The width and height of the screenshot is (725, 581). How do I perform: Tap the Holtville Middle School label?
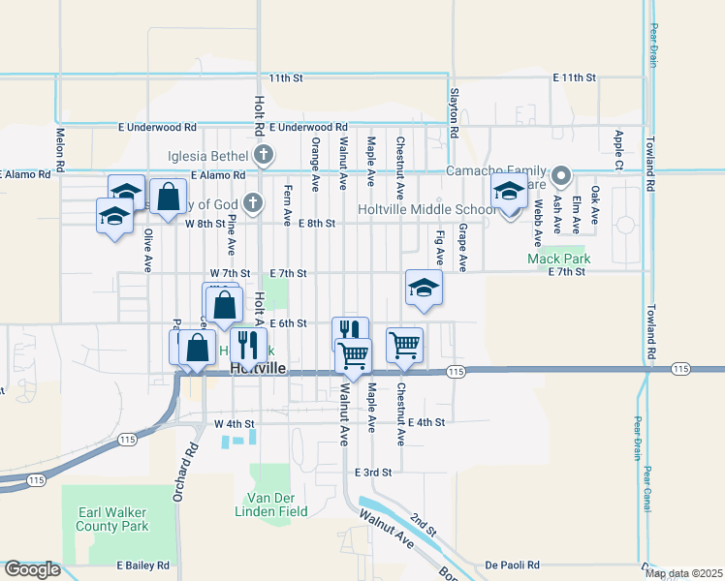click(x=427, y=210)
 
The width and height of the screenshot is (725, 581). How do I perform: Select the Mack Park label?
click(x=559, y=259)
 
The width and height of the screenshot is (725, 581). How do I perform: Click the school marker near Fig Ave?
click(x=424, y=288)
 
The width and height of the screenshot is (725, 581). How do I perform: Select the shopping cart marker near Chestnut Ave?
click(x=404, y=344)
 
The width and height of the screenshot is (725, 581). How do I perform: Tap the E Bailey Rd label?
click(x=143, y=565)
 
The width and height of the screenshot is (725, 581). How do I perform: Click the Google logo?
click(x=32, y=569)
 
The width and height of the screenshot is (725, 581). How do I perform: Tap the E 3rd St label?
click(x=371, y=473)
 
